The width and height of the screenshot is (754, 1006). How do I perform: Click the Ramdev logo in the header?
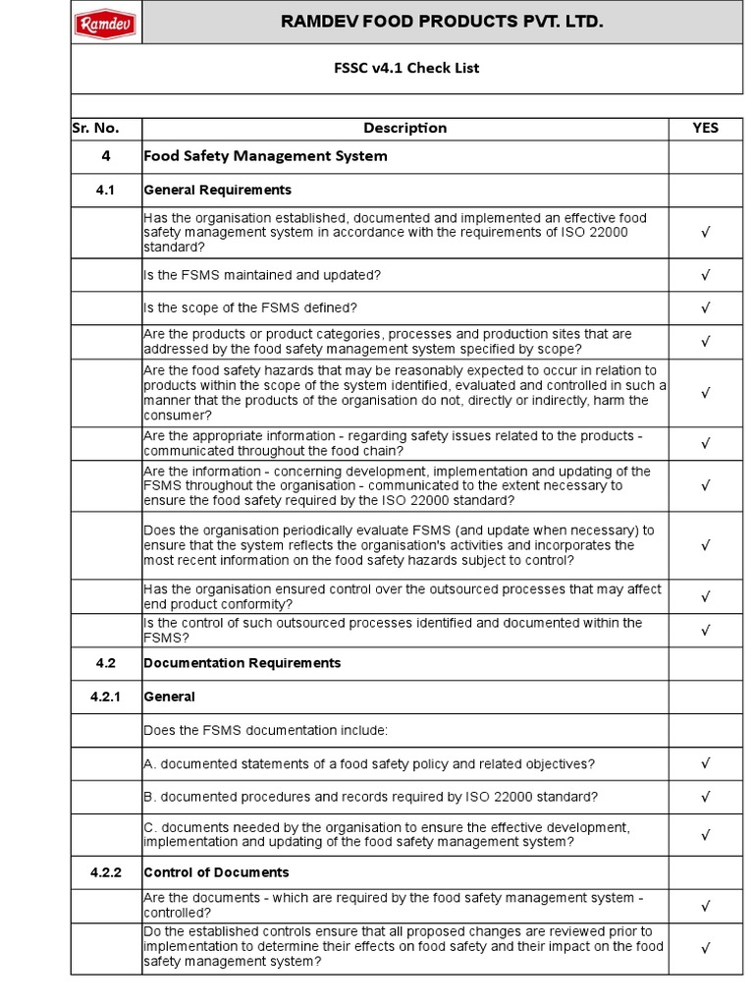[106, 23]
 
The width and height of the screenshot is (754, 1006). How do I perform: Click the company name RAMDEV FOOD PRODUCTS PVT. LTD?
[442, 22]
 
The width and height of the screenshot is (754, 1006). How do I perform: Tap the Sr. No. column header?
[95, 128]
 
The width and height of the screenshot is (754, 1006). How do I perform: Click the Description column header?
[404, 128]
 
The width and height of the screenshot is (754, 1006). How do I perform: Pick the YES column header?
[705, 128]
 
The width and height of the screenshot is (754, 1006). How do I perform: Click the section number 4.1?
[106, 190]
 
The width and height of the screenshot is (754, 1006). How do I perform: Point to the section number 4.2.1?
[106, 697]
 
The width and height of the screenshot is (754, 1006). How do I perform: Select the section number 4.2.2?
[106, 872]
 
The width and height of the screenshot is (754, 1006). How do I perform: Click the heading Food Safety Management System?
[265, 156]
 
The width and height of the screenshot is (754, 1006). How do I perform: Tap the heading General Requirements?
[217, 190]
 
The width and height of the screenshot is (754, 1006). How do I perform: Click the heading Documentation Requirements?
[242, 663]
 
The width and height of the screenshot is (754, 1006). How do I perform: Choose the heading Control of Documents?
[216, 872]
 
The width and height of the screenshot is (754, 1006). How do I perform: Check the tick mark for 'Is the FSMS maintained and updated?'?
[705, 276]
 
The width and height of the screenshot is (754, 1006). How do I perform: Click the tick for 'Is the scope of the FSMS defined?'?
[705, 308]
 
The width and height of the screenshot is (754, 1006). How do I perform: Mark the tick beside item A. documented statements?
[705, 763]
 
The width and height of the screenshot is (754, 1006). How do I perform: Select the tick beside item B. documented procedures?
[705, 797]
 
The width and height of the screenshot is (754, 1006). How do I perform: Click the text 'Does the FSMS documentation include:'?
[265, 730]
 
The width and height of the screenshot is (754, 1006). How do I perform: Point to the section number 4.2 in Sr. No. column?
[106, 663]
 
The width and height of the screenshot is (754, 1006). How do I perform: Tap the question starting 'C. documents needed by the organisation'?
[387, 834]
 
